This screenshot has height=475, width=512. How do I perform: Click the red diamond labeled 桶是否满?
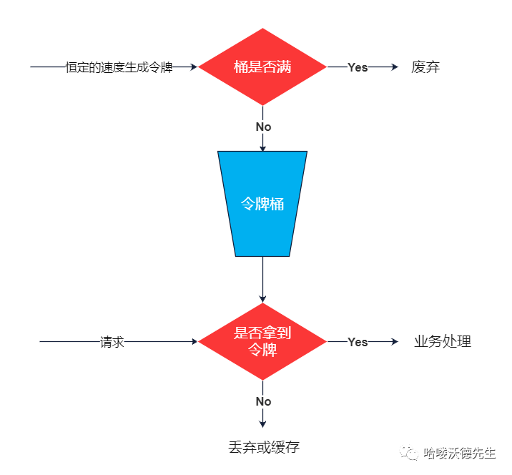[x=262, y=67]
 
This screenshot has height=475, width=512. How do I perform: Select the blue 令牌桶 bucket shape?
[x=262, y=203]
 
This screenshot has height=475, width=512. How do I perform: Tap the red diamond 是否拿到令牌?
[x=262, y=342]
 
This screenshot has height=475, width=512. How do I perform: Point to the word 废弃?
[x=425, y=67]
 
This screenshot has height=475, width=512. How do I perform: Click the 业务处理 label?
[x=443, y=342]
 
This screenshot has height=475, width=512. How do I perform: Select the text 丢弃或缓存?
[x=263, y=448]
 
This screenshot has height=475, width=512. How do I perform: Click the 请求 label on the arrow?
[x=112, y=342]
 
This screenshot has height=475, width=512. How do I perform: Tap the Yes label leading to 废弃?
[x=358, y=67]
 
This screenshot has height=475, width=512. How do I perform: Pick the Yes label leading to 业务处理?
[x=358, y=342]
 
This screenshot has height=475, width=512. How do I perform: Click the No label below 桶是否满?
[x=263, y=127]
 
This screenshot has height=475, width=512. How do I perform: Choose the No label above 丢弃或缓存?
[x=263, y=401]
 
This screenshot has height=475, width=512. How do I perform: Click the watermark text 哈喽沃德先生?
[x=460, y=454]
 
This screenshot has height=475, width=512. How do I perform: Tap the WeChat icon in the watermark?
[x=410, y=454]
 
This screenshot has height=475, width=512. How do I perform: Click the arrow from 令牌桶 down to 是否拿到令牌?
[x=262, y=279]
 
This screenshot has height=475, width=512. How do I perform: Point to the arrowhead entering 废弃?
[x=393, y=67]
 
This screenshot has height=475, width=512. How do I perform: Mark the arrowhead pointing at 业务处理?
[x=393, y=342]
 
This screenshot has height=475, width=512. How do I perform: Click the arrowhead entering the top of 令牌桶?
[x=262, y=147]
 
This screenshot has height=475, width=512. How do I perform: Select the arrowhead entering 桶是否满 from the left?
[x=193, y=67]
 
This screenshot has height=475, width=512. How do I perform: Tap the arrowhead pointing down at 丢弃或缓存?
[x=262, y=423]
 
